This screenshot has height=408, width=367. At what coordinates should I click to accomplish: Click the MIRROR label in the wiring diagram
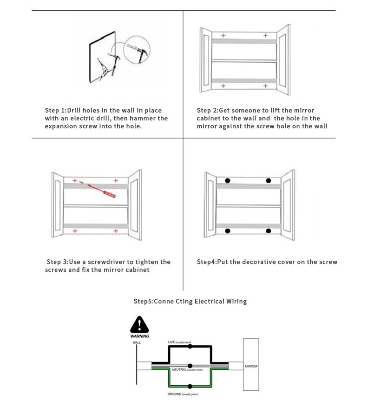click(251, 366)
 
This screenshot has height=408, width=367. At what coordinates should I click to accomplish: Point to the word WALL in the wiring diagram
click(137, 342)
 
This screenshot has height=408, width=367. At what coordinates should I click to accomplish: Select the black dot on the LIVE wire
click(190, 347)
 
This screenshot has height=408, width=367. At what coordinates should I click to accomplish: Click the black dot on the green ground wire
click(190, 386)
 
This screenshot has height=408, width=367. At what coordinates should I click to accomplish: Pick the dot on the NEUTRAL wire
click(190, 366)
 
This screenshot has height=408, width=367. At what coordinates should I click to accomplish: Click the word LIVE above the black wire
click(171, 342)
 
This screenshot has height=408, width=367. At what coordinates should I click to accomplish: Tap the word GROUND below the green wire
click(174, 394)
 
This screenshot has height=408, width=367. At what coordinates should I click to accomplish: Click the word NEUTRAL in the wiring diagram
click(179, 370)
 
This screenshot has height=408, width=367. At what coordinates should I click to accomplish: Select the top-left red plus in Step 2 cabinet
click(223, 35)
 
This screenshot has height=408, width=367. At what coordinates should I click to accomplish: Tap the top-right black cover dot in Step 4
click(268, 180)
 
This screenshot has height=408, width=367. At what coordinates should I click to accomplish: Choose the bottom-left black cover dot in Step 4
click(228, 230)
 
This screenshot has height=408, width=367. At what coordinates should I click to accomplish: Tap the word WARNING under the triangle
click(140, 336)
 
